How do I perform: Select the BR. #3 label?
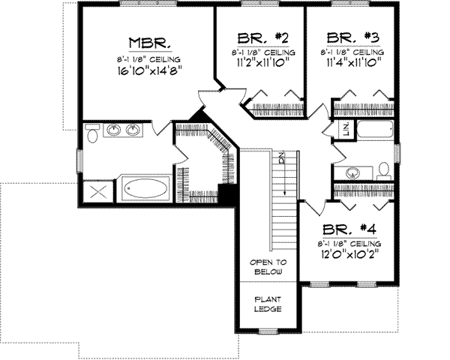[x=351, y=38]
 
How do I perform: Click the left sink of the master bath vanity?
[x=115, y=130]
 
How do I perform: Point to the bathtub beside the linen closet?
[x=374, y=130]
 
